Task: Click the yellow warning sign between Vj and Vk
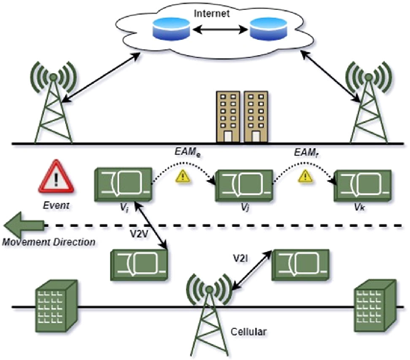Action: pyautogui.click(x=303, y=175)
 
